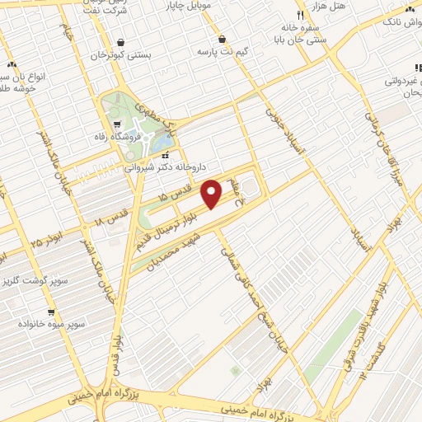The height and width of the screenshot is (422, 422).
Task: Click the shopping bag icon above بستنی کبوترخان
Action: (x=121, y=43)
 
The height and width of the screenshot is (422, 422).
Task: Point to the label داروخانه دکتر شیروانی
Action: (x=163, y=165)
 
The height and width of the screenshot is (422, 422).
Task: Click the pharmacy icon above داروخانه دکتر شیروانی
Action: (x=166, y=153)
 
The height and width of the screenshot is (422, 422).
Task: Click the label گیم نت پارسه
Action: (x=223, y=51)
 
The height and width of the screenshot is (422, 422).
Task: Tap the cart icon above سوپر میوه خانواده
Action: (x=51, y=312)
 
